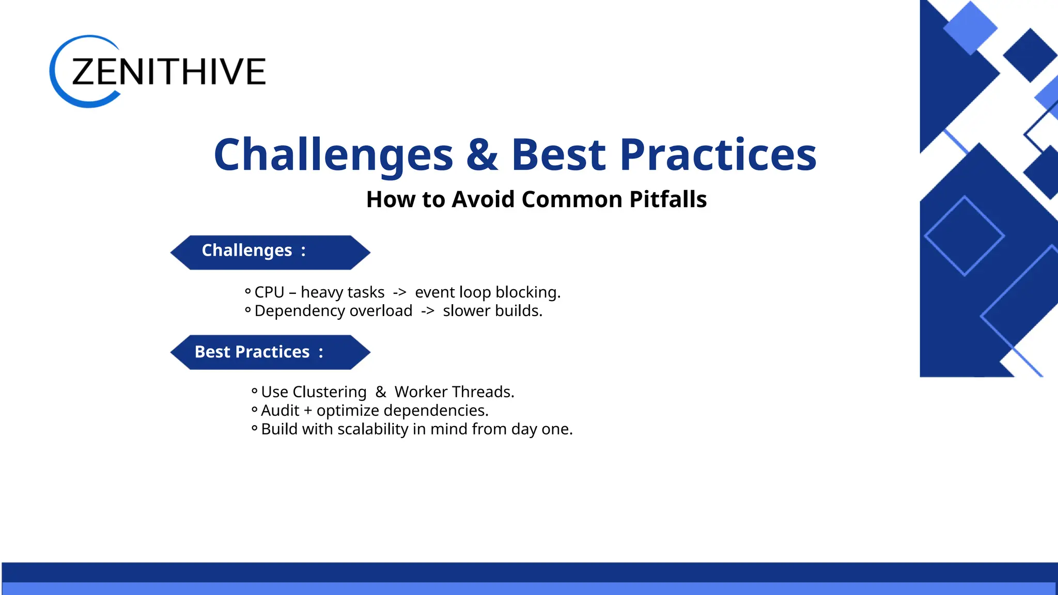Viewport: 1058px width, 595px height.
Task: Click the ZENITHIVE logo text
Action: point(168,72)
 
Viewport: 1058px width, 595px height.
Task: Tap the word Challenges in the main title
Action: point(333,155)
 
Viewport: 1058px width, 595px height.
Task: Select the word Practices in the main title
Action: point(718,155)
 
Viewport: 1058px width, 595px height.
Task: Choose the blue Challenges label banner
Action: point(270,252)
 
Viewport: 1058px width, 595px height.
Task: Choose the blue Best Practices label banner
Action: point(270,352)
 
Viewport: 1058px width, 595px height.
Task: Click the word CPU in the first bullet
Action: point(269,292)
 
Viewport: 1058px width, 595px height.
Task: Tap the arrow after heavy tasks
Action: point(399,293)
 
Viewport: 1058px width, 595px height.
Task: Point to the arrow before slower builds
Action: point(427,311)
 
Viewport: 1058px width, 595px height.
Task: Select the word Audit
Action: point(280,411)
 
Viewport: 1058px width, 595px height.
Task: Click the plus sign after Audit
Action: point(308,411)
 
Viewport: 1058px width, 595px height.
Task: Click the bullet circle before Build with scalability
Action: point(254,428)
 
